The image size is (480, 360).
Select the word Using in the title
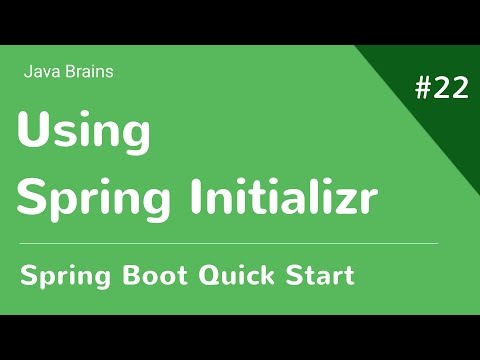tap(84, 134)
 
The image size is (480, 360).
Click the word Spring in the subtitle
tap(64, 275)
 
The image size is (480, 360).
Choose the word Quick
tap(232, 274)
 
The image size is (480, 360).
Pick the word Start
tap(318, 274)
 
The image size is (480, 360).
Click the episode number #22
tap(441, 88)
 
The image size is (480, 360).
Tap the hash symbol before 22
tap(422, 88)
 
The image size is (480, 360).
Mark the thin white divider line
tap(228, 243)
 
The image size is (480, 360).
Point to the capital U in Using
tap(33, 131)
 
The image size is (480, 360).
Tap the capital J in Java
tap(26, 72)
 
